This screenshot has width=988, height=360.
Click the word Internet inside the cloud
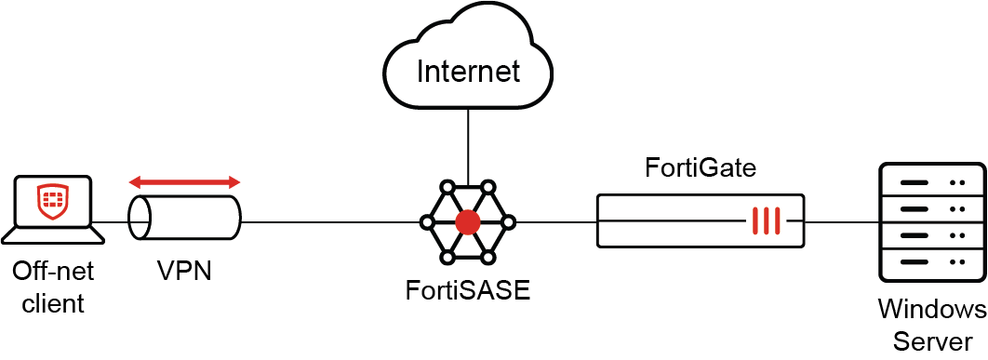[467, 72]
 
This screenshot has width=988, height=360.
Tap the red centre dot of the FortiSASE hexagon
[467, 221]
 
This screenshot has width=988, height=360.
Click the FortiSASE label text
[467, 289]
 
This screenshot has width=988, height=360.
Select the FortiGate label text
[701, 168]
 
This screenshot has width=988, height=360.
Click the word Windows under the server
[931, 309]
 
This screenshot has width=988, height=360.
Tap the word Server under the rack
[931, 340]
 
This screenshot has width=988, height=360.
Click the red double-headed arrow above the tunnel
[184, 180]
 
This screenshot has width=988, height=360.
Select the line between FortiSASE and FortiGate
[555, 221]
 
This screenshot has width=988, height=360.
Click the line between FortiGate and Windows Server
[842, 221]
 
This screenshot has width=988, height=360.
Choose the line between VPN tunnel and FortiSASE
[330, 221]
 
